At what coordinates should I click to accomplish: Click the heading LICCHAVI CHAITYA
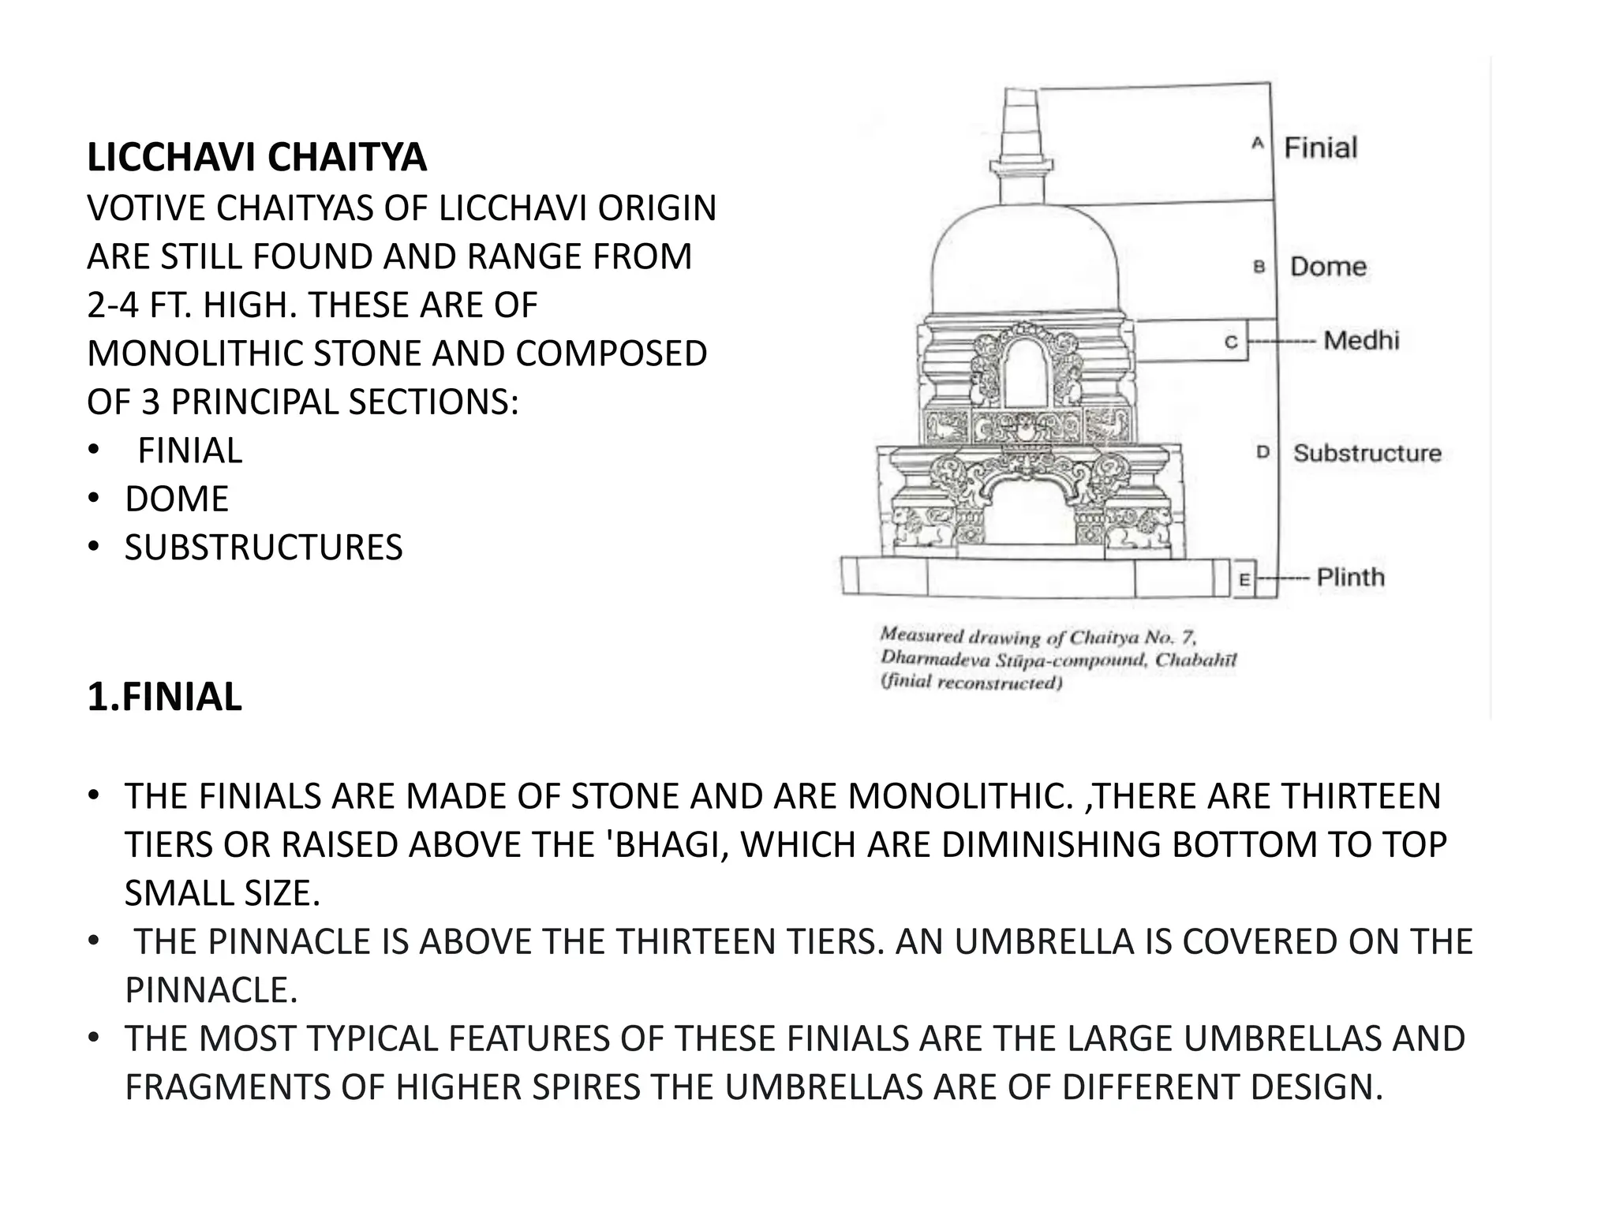[x=256, y=157]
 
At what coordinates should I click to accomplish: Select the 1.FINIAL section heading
[x=164, y=698]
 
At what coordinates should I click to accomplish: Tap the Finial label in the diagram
[x=1320, y=148]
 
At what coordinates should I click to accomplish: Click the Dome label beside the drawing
[x=1328, y=267]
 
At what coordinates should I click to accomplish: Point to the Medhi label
[x=1361, y=341]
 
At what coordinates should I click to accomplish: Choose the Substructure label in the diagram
[x=1367, y=453]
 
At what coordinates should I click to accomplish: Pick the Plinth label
[x=1350, y=578]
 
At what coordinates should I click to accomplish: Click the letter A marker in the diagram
[x=1258, y=144]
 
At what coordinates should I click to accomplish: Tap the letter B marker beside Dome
[x=1259, y=267]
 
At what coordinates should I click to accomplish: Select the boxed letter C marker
[x=1231, y=342]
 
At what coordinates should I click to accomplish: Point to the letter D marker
[x=1262, y=452]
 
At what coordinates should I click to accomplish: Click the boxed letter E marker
[x=1244, y=580]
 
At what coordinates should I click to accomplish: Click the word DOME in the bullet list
[x=177, y=499]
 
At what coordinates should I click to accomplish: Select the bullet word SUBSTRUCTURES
[x=264, y=548]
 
